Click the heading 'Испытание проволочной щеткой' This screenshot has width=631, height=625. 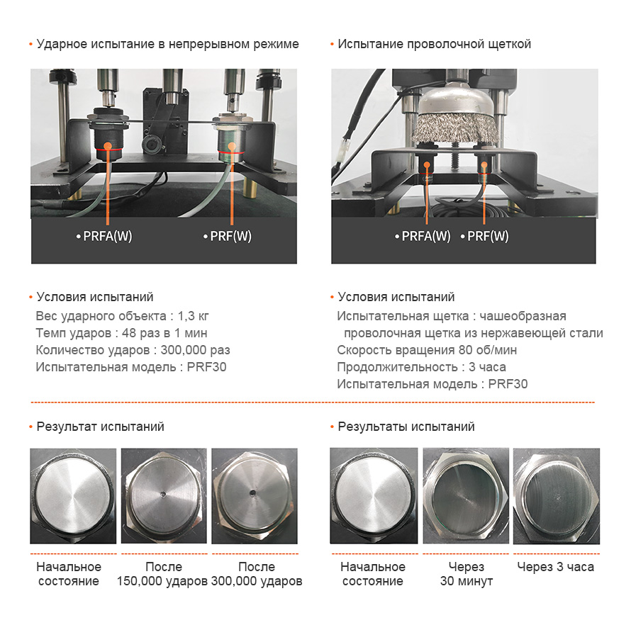click(x=434, y=44)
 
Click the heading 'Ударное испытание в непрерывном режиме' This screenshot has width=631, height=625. click(x=167, y=44)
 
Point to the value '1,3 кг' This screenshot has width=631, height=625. click(x=193, y=316)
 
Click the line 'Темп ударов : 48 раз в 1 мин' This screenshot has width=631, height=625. click(x=121, y=333)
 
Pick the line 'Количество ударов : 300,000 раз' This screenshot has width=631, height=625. click(x=133, y=350)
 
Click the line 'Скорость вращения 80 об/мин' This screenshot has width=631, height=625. click(x=427, y=350)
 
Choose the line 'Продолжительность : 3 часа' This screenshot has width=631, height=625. click(x=421, y=367)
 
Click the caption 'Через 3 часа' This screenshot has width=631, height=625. click(x=555, y=567)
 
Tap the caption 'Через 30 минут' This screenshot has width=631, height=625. click(x=467, y=574)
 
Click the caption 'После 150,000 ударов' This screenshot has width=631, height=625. click(x=163, y=574)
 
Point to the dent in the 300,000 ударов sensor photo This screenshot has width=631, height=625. click(x=252, y=492)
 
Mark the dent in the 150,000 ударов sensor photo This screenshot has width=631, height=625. click(x=162, y=493)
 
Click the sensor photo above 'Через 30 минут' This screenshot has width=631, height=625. click(x=466, y=496)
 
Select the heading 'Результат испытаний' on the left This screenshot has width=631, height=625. click(x=100, y=427)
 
